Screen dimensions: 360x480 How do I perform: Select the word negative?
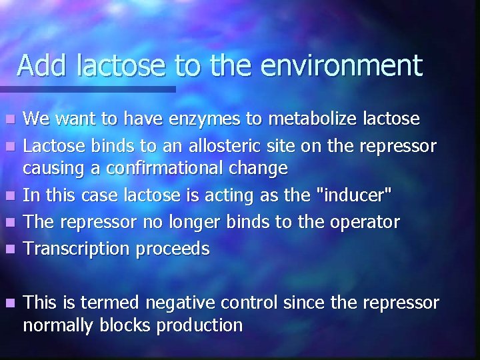tap(186, 303)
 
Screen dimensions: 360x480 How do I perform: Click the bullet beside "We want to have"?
tap(8, 120)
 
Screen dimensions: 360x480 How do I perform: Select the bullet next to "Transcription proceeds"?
tap(8, 249)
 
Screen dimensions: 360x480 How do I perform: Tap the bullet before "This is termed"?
tap(8, 303)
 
